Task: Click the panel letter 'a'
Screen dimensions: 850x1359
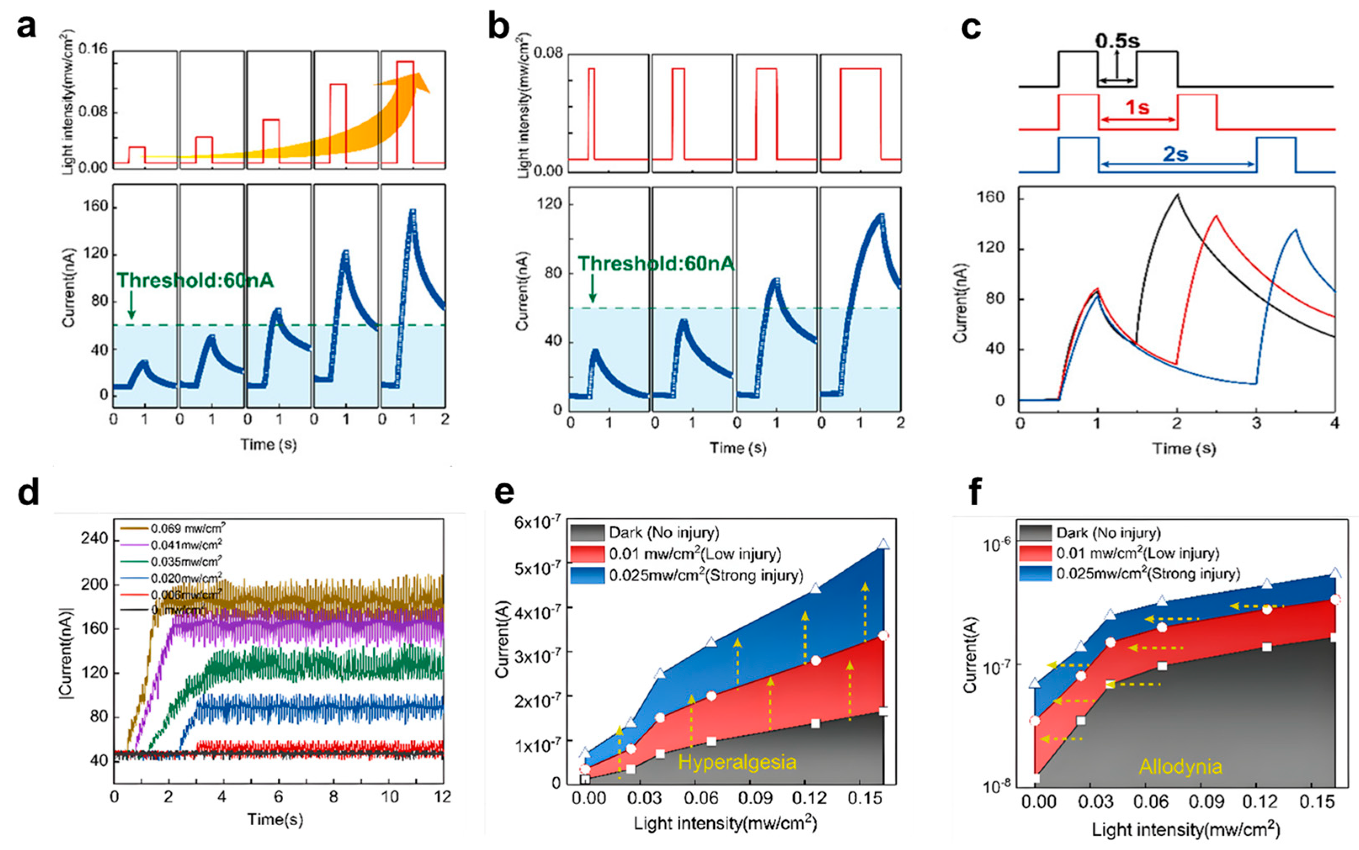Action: [26, 26]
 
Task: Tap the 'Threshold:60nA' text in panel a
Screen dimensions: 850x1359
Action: [195, 280]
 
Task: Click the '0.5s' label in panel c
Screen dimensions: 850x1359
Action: [1117, 40]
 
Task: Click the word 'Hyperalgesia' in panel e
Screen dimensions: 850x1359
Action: [737, 762]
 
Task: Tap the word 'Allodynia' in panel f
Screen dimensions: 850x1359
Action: [1180, 767]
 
